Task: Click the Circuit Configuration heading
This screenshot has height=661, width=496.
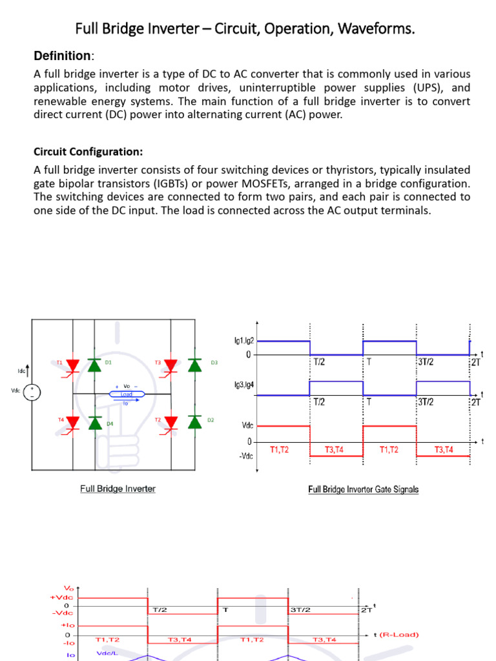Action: tap(88, 152)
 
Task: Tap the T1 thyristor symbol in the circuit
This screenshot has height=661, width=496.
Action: tap(72, 366)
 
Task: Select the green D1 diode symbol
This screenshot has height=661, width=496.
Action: tap(95, 365)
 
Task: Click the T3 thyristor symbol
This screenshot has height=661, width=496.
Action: tap(170, 366)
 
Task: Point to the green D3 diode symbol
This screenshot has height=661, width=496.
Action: tap(194, 365)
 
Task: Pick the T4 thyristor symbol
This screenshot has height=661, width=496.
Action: tap(72, 422)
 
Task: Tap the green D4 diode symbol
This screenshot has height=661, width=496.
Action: tap(95, 422)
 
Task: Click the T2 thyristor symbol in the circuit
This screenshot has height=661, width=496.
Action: tap(170, 422)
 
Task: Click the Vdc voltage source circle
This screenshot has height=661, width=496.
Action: tap(33, 392)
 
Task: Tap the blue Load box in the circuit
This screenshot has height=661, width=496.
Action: tap(127, 394)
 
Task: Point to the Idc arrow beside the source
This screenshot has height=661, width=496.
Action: tap(26, 371)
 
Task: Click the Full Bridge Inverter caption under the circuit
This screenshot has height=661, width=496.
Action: tap(118, 489)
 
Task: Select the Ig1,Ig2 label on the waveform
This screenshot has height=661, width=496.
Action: tap(243, 340)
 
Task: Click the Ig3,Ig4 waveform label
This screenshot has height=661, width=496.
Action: tap(243, 385)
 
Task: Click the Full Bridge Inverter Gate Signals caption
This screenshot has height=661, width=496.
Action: tap(363, 489)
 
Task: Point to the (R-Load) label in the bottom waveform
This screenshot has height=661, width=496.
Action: tap(398, 635)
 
